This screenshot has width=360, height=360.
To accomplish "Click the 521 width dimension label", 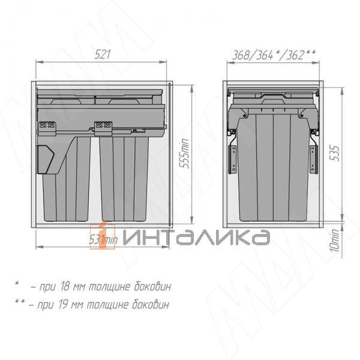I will pos(103,55).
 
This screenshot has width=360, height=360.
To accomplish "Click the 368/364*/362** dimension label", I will pos(274,55).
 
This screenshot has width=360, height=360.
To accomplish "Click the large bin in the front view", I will pos(274,165).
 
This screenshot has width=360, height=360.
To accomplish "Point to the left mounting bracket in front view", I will pos(232,157).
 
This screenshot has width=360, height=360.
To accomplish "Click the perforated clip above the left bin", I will pos(46,127).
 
